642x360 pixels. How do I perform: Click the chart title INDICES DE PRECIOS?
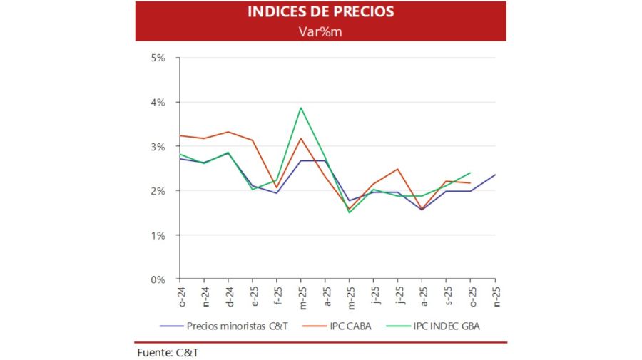point(320,12)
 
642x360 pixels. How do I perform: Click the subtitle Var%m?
point(320,31)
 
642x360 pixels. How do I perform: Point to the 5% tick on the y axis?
point(158,58)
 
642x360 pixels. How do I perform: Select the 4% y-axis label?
point(158,102)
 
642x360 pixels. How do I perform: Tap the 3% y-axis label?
point(158,146)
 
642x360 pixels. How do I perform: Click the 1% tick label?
point(158,235)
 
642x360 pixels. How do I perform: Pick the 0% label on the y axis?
point(158,279)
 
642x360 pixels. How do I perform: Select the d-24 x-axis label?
point(228,294)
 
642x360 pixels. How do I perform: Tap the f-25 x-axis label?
point(277,294)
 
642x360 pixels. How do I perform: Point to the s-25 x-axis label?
point(447,294)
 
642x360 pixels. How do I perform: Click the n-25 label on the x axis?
point(495,294)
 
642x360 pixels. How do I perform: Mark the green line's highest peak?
point(301,108)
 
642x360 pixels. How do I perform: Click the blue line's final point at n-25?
point(495,175)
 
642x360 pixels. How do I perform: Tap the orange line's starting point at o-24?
point(180,135)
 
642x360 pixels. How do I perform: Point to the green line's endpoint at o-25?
point(471,173)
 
